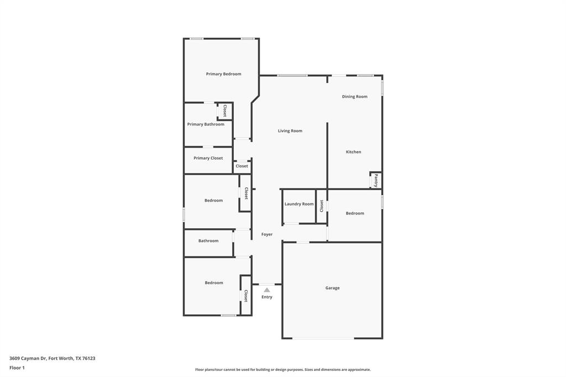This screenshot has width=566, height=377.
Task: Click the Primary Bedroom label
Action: (223, 74)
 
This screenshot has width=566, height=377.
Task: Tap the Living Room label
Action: (290, 131)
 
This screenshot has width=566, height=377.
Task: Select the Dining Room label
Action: (354, 97)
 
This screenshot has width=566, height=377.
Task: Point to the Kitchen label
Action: (353, 152)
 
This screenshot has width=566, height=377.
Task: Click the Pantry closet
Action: (376, 180)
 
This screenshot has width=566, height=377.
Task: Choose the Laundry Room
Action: (299, 205)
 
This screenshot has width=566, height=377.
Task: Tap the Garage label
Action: (332, 288)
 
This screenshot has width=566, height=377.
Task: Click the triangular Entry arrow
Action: (267, 290)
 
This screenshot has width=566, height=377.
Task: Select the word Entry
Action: (267, 297)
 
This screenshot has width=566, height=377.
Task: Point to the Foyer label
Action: (267, 234)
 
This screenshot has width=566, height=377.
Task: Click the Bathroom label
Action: (208, 241)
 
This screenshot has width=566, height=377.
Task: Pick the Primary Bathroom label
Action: (206, 124)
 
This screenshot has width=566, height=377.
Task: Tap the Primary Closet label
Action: (208, 158)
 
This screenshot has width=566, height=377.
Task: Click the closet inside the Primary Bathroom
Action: (224, 111)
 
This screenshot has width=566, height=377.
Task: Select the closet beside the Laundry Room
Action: (321, 206)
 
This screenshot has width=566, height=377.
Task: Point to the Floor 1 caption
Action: (17, 368)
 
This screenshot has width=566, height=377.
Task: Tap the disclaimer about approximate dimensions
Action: (282, 370)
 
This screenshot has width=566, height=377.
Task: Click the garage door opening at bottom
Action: (323, 338)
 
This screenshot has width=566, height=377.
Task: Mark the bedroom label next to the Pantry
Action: (355, 213)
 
